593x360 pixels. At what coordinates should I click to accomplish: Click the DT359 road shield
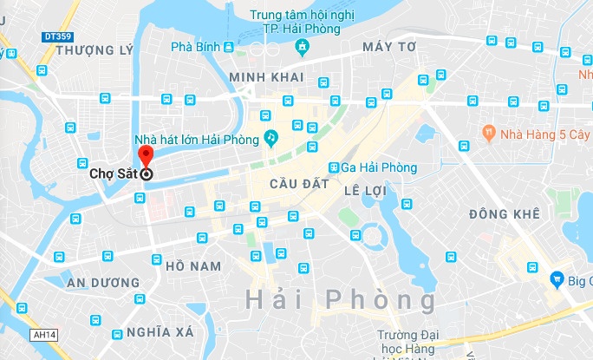(x=56, y=37)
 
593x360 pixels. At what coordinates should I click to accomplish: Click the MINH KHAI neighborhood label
(x=264, y=77)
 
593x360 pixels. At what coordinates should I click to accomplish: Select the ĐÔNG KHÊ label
(x=504, y=213)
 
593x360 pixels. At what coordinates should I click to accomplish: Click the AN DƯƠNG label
(x=103, y=283)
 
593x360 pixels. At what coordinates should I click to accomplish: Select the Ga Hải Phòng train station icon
(x=334, y=167)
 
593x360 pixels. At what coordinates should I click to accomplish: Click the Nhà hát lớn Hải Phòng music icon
(x=270, y=137)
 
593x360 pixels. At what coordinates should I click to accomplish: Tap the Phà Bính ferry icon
(x=227, y=46)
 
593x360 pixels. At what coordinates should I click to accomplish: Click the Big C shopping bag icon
(x=557, y=278)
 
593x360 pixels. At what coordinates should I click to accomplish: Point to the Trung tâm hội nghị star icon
(x=303, y=46)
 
